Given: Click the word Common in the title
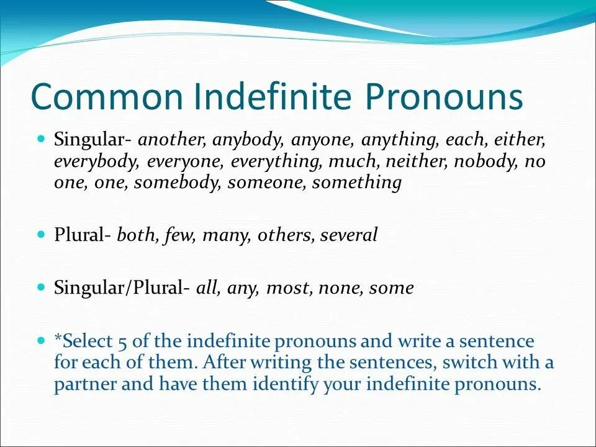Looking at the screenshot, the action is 107,96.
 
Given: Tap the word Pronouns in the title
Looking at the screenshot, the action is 444,96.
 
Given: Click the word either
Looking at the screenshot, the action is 520,140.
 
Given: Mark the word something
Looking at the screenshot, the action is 357,183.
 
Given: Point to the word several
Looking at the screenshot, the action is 349,235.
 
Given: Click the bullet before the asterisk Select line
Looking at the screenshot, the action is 42,340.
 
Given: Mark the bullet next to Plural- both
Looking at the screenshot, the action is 42,233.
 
